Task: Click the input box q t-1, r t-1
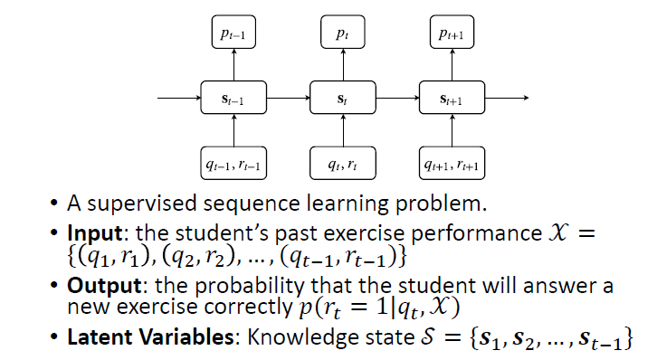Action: click(234, 164)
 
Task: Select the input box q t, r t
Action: click(341, 164)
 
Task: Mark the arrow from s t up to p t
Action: click(341, 65)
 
